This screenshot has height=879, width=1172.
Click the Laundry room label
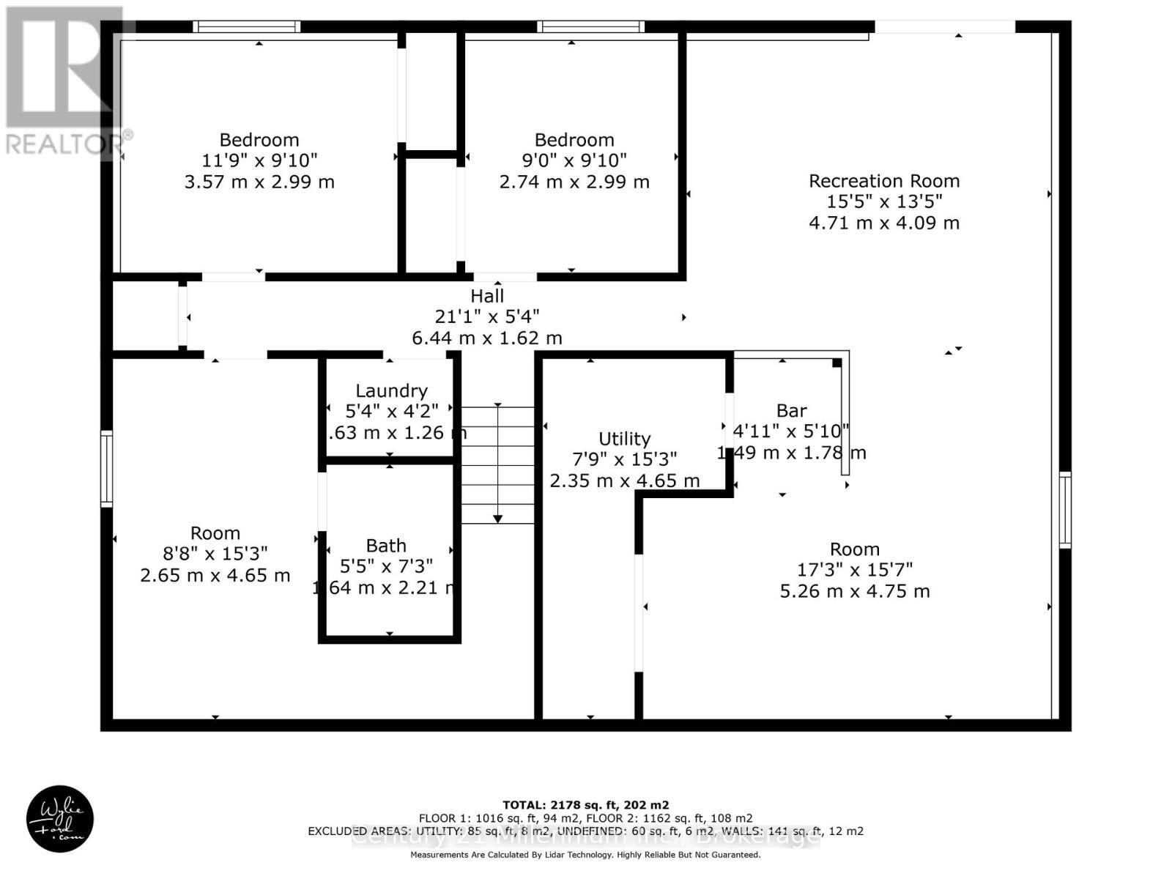click(x=391, y=391)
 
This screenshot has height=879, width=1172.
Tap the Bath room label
click(x=386, y=546)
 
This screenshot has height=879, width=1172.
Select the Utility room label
click(x=624, y=439)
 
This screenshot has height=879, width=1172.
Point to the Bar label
click(x=791, y=411)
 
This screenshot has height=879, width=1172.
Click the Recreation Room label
click(x=883, y=181)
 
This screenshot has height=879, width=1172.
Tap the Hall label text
click(x=487, y=296)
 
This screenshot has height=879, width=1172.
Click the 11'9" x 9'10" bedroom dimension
click(x=259, y=160)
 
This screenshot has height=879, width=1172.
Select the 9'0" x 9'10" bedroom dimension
click(x=574, y=160)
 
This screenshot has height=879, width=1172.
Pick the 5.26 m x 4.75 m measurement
click(x=854, y=591)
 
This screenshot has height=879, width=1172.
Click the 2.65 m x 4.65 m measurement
click(x=215, y=576)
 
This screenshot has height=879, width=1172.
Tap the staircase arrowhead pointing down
click(x=497, y=519)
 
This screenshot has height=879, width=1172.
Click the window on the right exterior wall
click(x=1064, y=510)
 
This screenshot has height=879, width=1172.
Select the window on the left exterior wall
click(x=107, y=469)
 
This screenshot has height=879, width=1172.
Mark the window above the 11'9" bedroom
click(x=247, y=27)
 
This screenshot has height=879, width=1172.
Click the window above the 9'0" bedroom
click(x=590, y=27)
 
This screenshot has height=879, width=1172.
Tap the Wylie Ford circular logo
click(x=60, y=819)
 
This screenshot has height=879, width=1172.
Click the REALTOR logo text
click(x=70, y=143)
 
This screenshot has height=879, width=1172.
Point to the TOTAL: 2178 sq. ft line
click(x=585, y=805)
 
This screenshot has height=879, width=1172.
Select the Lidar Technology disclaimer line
click(x=585, y=855)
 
